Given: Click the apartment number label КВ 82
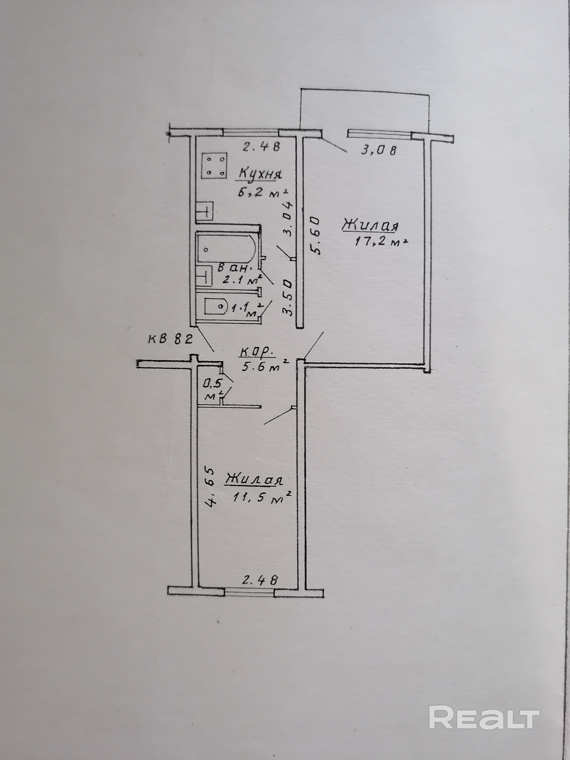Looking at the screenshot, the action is click(169, 340).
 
